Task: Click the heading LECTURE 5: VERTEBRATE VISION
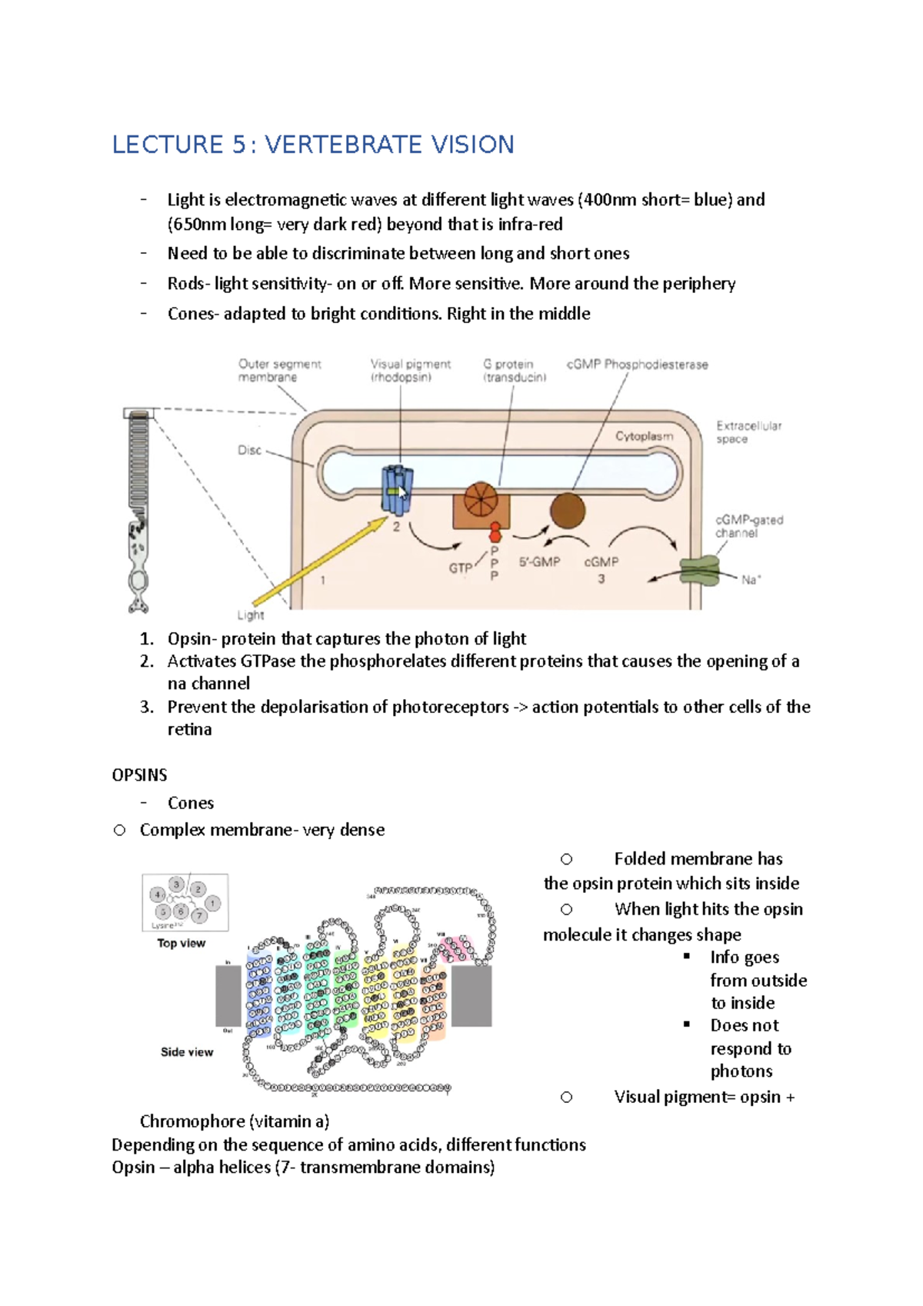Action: (313, 145)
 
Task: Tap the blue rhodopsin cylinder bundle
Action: (397, 489)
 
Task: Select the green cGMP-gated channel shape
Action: (698, 571)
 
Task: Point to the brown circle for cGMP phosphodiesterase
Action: (568, 510)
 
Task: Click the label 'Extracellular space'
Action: (748, 432)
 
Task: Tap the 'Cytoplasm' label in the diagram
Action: (644, 436)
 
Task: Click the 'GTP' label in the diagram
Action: (461, 568)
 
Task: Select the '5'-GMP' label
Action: (539, 562)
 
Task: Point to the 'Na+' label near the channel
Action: (751, 580)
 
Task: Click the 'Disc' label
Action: (249, 450)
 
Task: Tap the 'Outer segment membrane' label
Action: (278, 371)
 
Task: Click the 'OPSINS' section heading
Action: (139, 775)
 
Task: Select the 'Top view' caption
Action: (182, 943)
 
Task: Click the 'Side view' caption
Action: (187, 1051)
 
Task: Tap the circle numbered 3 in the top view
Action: (176, 885)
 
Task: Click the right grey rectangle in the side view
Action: (471, 996)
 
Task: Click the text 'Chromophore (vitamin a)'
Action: (235, 1121)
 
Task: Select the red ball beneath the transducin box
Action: (495, 531)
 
